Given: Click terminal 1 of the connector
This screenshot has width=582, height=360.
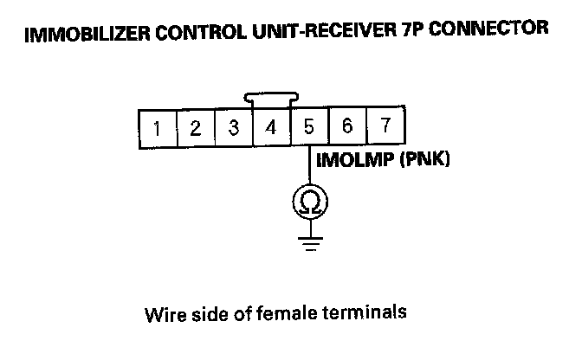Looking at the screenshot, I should click(x=157, y=131).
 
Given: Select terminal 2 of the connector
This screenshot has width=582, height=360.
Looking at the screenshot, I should click(x=195, y=131).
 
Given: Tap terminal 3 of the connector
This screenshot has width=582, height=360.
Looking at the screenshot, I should click(x=233, y=131).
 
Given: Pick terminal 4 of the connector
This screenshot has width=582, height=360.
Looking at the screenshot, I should click(x=271, y=131).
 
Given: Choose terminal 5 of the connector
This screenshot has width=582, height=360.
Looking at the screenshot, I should click(x=309, y=131).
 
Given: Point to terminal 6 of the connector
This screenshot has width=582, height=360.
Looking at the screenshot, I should click(x=347, y=129).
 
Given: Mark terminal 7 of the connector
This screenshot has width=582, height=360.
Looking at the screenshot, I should click(x=385, y=129).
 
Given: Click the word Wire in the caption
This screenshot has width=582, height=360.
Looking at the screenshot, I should click(x=162, y=312).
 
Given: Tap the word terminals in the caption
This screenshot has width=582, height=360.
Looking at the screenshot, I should click(x=364, y=312).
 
